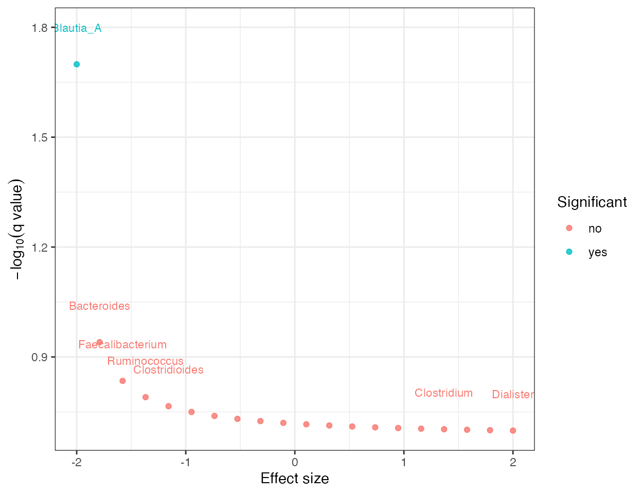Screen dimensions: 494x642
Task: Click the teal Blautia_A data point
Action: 77,64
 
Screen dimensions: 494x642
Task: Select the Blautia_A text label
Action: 78,28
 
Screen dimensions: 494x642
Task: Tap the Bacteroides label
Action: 99,306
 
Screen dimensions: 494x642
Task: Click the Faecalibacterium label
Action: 122,345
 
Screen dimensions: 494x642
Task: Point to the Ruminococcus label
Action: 145,361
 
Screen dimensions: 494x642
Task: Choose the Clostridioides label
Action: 168,370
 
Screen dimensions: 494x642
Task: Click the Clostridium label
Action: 443,393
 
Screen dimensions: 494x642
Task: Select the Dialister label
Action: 512,395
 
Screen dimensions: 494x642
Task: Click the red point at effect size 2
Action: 513,431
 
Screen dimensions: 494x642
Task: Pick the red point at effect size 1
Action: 398,428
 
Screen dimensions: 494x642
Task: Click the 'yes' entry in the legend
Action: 597,252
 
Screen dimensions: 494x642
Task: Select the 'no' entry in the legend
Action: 595,228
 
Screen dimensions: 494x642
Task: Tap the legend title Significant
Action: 592,202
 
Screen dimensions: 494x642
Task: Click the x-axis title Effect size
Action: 294,479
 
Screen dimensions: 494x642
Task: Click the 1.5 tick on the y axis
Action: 39,137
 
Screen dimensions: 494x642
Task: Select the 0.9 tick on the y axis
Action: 39,357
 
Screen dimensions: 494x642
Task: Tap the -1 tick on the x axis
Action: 185,462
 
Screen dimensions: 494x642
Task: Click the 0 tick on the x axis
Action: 295,462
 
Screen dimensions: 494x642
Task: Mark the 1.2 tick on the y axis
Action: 39,247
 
